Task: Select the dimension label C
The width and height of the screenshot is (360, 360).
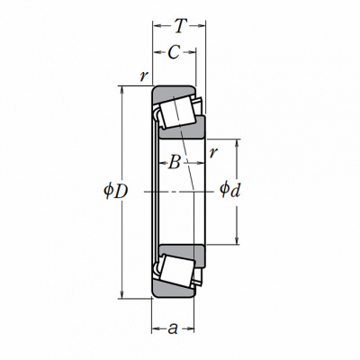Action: [x=174, y=52]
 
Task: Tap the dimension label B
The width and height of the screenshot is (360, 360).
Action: [x=175, y=163]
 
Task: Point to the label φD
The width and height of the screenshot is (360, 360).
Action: [x=116, y=191]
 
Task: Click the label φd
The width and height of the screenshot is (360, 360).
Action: [x=230, y=190]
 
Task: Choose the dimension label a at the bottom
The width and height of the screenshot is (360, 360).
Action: [x=173, y=328]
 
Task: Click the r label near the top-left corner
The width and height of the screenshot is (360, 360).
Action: [x=144, y=76]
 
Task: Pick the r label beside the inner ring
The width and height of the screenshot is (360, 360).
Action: [x=212, y=152]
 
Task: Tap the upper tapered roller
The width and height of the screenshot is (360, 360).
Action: [x=176, y=112]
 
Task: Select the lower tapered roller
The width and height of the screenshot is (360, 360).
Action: [x=176, y=271]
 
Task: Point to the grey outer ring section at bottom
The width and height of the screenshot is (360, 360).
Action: [x=174, y=291]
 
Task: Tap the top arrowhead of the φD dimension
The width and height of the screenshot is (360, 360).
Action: [x=121, y=91]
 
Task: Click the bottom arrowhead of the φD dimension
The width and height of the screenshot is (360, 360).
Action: [x=121, y=293]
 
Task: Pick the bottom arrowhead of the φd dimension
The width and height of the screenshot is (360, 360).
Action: [x=237, y=239]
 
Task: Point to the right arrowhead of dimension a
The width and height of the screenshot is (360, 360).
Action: [x=190, y=328]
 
